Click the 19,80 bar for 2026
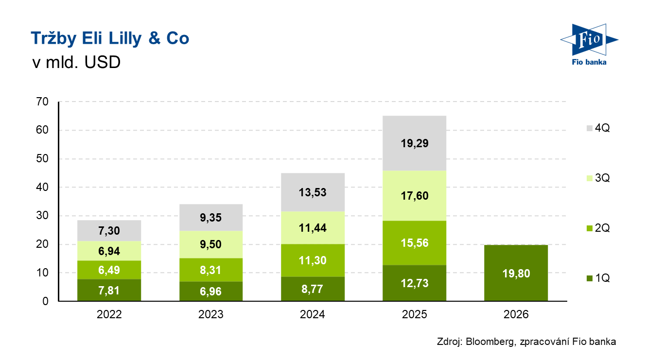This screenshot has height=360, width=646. pos(516,273)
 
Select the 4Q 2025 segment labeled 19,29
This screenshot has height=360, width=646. pos(415,143)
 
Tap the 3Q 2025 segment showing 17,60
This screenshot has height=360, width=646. pos(415,196)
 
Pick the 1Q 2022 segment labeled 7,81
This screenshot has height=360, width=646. pos(109,291)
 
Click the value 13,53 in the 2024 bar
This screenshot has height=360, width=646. pos(313,192)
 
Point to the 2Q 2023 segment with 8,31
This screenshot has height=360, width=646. pos(211,270)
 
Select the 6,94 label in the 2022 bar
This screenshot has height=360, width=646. pos(109,251)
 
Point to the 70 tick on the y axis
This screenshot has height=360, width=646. pos(43,102)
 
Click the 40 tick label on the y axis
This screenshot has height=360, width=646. pos(43,188)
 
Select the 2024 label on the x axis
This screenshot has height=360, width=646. pos(313,314)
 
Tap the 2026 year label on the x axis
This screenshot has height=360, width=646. pos(516,314)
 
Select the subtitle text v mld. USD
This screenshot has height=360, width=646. pos(75,63)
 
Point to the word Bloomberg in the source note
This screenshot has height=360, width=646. pos(489,342)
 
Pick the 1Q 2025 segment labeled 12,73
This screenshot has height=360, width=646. pos(415,283)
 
